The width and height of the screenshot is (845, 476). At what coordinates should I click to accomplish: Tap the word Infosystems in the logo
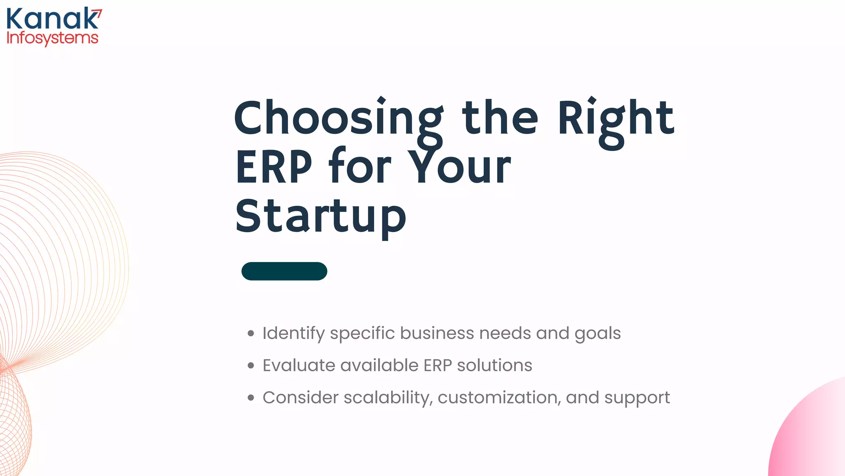pos(52,38)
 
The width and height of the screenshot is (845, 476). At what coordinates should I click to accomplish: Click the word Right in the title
pos(616,119)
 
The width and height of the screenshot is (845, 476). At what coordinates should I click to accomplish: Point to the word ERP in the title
pos(274,167)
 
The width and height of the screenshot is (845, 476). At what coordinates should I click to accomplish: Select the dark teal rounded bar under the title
pos(284,271)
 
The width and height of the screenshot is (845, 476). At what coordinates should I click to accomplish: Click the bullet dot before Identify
pos(251,333)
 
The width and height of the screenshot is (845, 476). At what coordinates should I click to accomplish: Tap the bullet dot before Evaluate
pos(251,365)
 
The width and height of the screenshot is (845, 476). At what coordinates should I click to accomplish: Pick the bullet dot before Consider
pos(251,397)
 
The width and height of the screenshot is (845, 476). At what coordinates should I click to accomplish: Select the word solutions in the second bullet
pos(494,365)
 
